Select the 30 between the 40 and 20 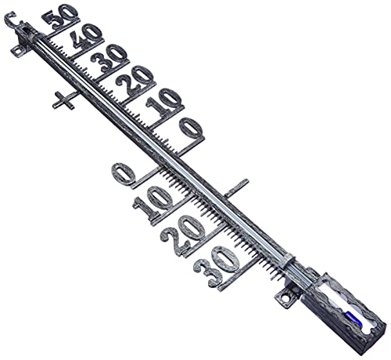click(x=113, y=58)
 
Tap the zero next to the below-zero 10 click(x=123, y=171)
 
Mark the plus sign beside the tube click(x=63, y=99)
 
